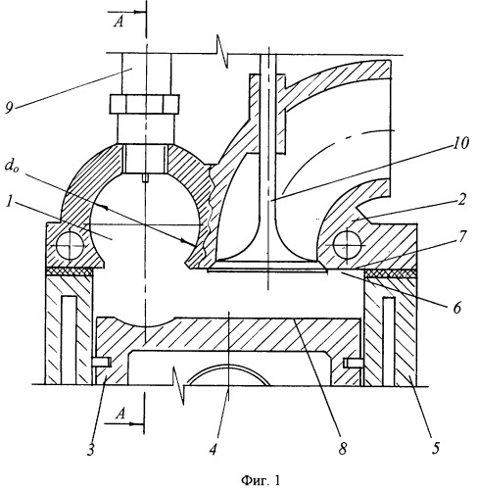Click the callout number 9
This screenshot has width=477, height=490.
tap(9, 107)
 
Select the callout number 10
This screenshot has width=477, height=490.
tap(459, 143)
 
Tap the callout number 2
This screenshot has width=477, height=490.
tap(461, 200)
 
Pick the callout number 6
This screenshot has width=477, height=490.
tap(456, 308)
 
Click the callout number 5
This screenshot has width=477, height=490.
tap(436, 448)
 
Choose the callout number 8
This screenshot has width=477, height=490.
tap(342, 450)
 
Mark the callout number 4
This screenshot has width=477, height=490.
tap(213, 450)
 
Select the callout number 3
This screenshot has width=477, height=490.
tap(91, 450)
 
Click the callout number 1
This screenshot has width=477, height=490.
tap(9, 202)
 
